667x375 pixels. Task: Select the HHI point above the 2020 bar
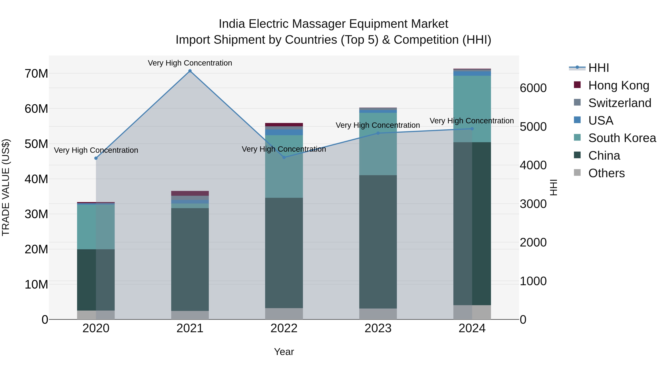pyautogui.click(x=96, y=158)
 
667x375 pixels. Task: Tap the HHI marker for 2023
pyautogui.click(x=378, y=133)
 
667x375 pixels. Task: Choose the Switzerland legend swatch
pyautogui.click(x=577, y=102)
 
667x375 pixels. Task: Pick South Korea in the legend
pyautogui.click(x=622, y=138)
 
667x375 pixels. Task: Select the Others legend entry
pyautogui.click(x=606, y=173)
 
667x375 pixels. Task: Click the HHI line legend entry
pyautogui.click(x=599, y=68)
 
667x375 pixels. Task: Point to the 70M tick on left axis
pyautogui.click(x=36, y=74)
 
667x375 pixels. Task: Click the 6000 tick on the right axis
pyautogui.click(x=533, y=88)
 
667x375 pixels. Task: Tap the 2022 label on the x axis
pyautogui.click(x=284, y=328)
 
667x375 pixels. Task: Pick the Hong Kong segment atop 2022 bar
pyautogui.click(x=284, y=124)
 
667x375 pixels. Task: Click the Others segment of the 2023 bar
pyautogui.click(x=378, y=314)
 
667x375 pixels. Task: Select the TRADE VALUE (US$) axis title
pyautogui.click(x=6, y=187)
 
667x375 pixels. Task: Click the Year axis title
pyautogui.click(x=284, y=352)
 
